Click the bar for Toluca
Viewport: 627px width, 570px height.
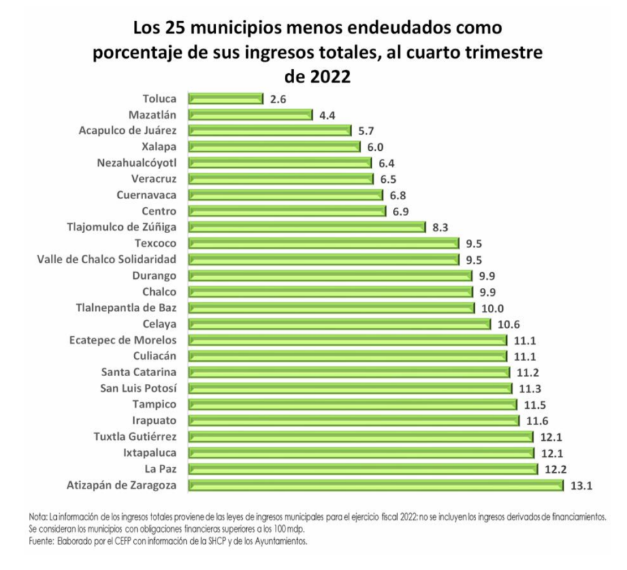pyautogui.click(x=225, y=99)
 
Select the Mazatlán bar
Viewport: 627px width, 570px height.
pyautogui.click(x=250, y=115)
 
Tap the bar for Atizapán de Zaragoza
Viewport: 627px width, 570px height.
pyautogui.click(x=376, y=484)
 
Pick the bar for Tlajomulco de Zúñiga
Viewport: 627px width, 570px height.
pyautogui.click(x=307, y=227)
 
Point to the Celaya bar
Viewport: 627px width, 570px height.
pyautogui.click(x=339, y=324)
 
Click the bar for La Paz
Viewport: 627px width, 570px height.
pyautogui.click(x=362, y=469)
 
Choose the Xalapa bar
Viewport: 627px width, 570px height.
pyautogui.click(x=274, y=147)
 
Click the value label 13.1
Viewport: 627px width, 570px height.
pyautogui.click(x=581, y=485)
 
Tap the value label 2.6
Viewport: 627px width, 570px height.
pyautogui.click(x=278, y=99)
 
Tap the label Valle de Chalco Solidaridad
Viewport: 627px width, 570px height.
pyautogui.click(x=107, y=259)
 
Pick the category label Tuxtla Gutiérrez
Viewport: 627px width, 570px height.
pyautogui.click(x=135, y=436)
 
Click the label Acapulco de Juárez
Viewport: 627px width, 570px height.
pyautogui.click(x=127, y=131)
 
